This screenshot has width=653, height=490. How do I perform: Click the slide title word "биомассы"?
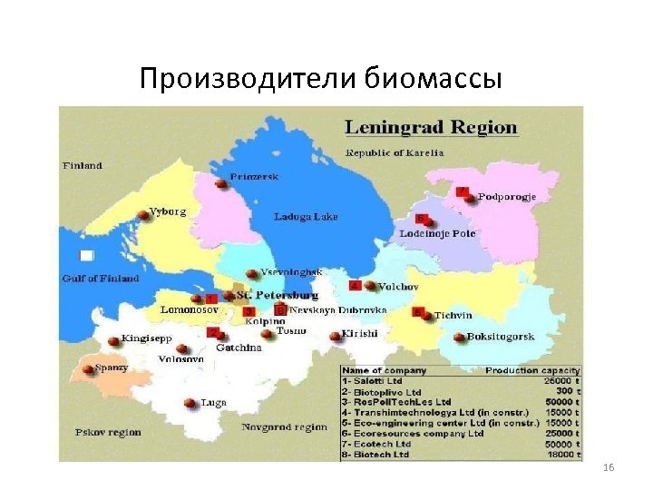click(x=433, y=80)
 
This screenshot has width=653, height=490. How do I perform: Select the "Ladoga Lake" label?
click(x=306, y=217)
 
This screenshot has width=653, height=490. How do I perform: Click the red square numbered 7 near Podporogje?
click(x=462, y=191)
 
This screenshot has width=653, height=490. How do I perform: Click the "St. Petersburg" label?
click(x=277, y=296)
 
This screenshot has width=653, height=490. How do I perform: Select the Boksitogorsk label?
click(x=501, y=338)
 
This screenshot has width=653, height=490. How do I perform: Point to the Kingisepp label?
click(x=146, y=339)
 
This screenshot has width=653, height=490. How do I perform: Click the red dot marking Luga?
click(x=190, y=403)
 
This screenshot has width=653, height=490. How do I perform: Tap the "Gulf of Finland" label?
click(x=101, y=278)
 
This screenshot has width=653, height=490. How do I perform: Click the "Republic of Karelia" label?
click(x=394, y=152)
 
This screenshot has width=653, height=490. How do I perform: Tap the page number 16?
click(x=608, y=466)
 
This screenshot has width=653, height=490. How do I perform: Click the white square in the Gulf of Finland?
click(x=86, y=256)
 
